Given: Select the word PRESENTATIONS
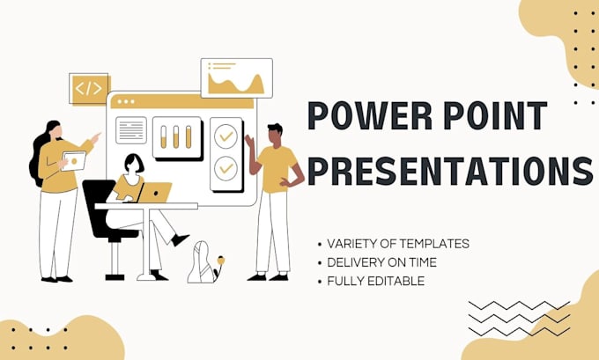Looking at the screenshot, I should [x=449, y=171].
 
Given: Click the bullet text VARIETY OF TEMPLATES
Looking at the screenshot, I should [x=397, y=244].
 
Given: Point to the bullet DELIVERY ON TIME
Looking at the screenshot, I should [x=381, y=262].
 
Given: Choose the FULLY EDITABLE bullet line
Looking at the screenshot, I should [x=376, y=281].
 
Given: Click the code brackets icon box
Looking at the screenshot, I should [x=89, y=88].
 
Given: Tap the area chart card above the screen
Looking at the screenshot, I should [x=236, y=78].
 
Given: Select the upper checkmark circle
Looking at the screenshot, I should [x=226, y=136].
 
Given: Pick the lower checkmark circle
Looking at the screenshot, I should [x=226, y=165].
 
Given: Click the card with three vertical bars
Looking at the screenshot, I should [x=176, y=137].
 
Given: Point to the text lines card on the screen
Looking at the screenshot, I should [x=130, y=130].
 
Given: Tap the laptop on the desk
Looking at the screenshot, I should [x=157, y=192].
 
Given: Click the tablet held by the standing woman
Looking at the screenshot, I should [x=74, y=161].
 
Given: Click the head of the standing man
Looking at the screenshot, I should [x=274, y=134].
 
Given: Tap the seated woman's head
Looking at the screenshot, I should [x=134, y=164].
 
